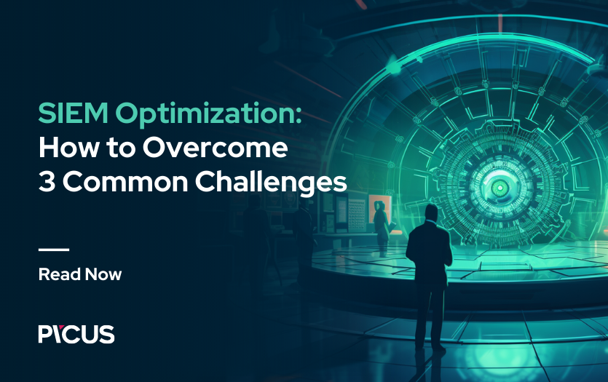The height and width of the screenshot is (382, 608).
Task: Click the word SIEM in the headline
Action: pyautogui.click(x=74, y=113)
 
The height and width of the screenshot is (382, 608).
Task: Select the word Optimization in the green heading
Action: pyautogui.click(x=204, y=115)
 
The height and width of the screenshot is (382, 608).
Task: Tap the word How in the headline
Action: pyautogui.click(x=68, y=148)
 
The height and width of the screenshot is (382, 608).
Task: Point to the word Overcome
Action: pyautogui.click(x=216, y=148)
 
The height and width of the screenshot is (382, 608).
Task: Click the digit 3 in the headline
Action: pyautogui.click(x=47, y=181)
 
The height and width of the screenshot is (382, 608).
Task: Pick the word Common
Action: pyautogui.click(x=126, y=181)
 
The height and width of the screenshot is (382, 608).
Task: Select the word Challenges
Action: pyautogui.click(x=271, y=182)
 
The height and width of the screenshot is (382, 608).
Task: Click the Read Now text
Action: pyautogui.click(x=80, y=274)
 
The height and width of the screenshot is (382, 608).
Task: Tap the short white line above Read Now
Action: pyautogui.click(x=54, y=250)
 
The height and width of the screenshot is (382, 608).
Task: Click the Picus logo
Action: pyautogui.click(x=76, y=334)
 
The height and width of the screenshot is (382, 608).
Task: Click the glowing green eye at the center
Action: pyautogui.click(x=500, y=188)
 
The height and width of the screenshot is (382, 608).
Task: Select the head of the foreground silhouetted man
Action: pyautogui.click(x=431, y=213)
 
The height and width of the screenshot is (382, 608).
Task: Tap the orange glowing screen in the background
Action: pyautogui.click(x=380, y=213)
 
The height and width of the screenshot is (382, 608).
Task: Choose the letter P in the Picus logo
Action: pyautogui.click(x=46, y=335)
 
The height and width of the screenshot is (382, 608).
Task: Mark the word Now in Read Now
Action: pyautogui.click(x=103, y=274)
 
